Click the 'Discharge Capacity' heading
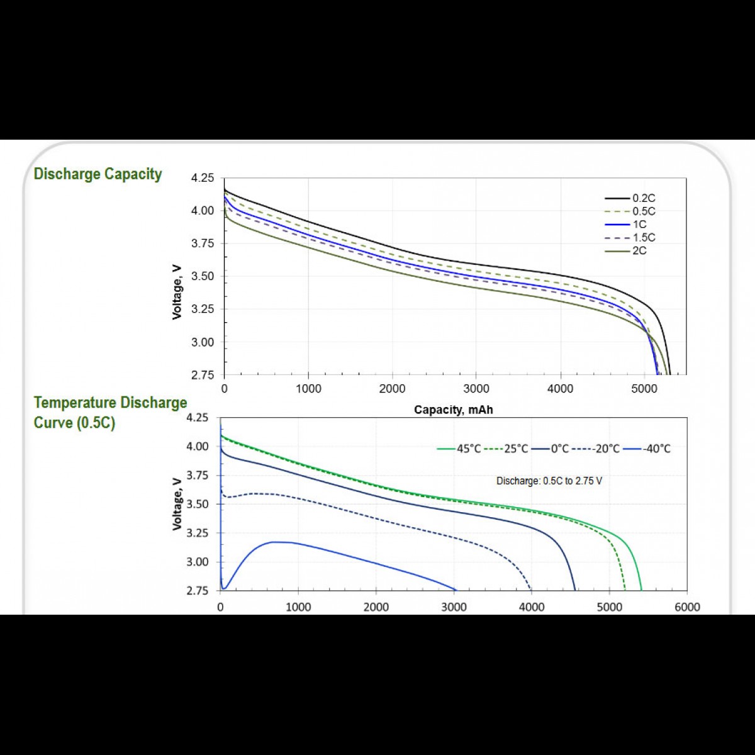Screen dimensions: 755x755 point(98,174)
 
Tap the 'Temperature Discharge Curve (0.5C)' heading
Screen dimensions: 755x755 point(110,412)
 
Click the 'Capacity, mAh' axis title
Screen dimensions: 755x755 point(453,410)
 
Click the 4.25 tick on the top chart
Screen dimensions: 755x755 point(203,178)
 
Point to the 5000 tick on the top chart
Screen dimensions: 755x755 point(644,389)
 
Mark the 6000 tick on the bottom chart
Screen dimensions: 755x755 point(686,607)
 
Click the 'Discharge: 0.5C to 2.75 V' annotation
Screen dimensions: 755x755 point(549,481)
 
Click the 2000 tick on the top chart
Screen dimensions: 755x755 point(392,389)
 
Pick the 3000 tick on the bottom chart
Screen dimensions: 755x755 point(454,607)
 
